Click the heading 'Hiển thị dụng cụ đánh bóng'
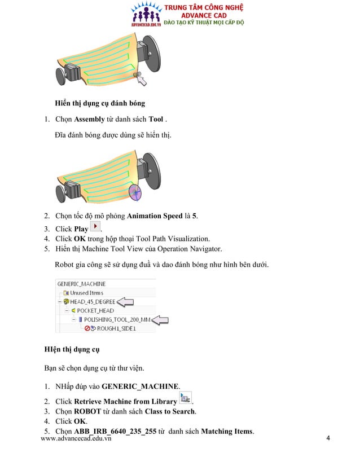click(99, 103)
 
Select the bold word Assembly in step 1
click(89, 120)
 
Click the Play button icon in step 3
click(95, 227)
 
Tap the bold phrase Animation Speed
click(154, 216)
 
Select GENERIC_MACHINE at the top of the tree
click(81, 284)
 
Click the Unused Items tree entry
click(86, 293)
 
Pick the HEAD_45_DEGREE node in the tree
click(93, 302)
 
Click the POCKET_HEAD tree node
click(95, 310)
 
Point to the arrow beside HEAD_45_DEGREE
click(125, 302)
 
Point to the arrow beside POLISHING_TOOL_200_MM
click(161, 320)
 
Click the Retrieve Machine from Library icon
click(185, 398)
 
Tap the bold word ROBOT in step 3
click(87, 411)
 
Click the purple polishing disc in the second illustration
click(135, 193)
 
